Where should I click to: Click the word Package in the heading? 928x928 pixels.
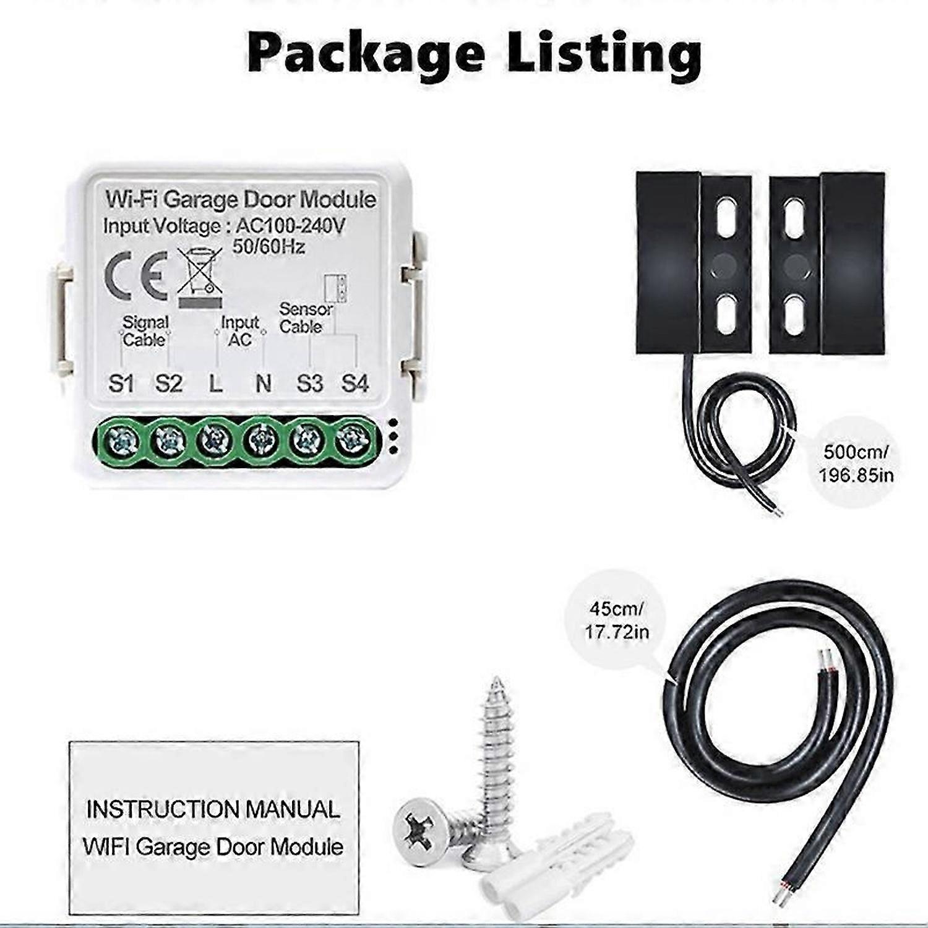(365, 54)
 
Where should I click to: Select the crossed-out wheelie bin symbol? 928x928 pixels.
(199, 277)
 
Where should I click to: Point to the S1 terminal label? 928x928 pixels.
(121, 384)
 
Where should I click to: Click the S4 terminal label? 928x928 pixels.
(355, 384)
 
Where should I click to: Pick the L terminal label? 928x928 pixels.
(215, 384)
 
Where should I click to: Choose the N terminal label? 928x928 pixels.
(264, 384)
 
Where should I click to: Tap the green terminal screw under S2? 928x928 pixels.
(168, 441)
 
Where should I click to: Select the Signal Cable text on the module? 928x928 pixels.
(145, 331)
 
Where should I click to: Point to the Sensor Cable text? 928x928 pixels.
(306, 317)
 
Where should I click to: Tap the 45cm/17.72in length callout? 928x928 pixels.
(617, 620)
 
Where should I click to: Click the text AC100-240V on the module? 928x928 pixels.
(291, 226)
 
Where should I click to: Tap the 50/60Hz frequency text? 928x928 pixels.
(269, 247)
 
